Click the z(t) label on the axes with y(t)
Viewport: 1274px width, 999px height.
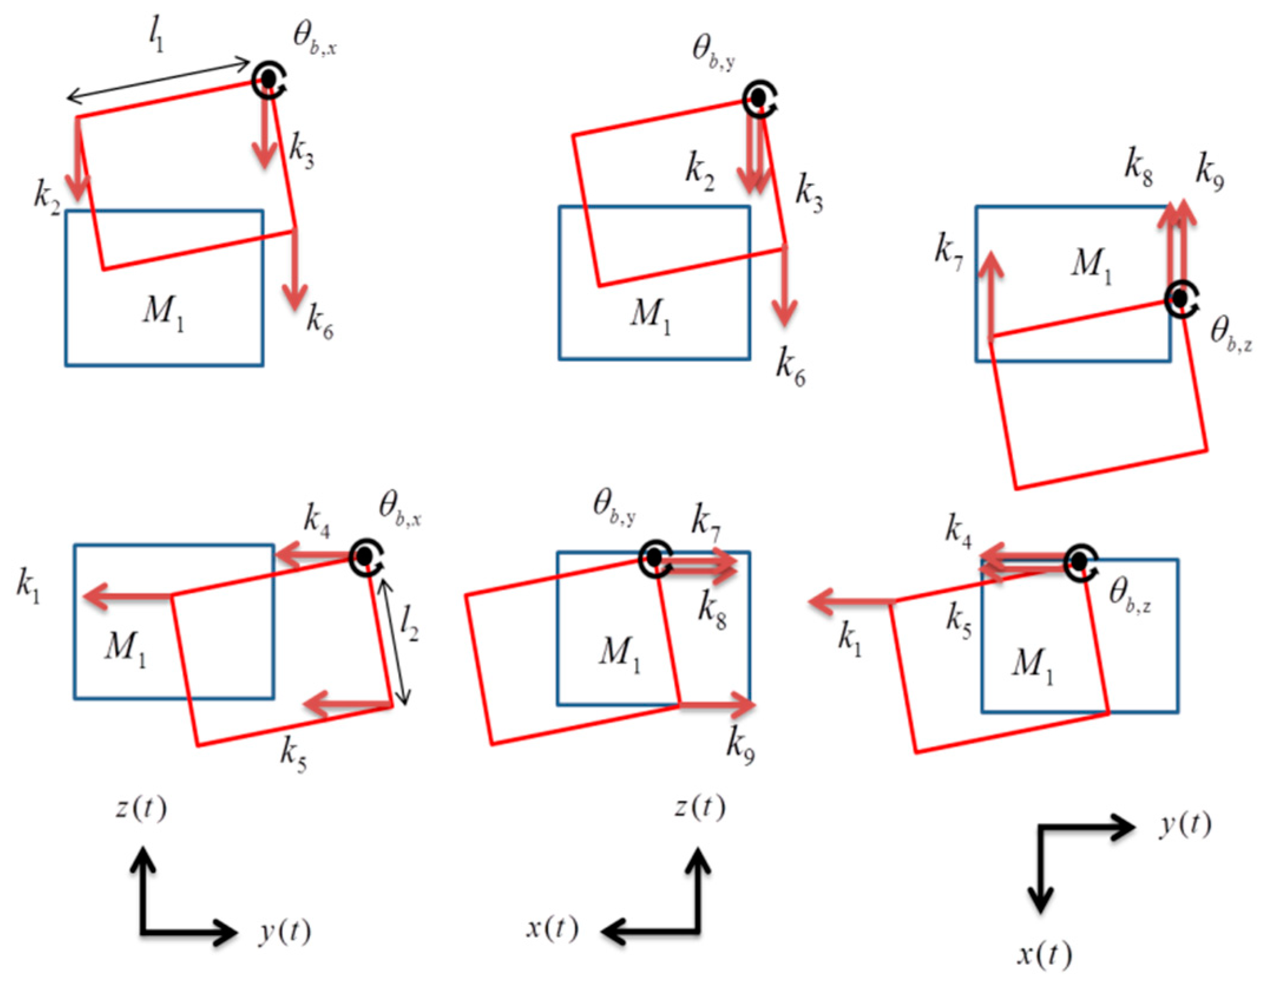tap(141, 808)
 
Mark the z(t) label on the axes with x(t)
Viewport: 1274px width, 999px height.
tap(700, 807)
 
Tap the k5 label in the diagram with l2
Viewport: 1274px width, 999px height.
tap(293, 754)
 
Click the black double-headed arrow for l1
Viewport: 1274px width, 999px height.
tap(158, 80)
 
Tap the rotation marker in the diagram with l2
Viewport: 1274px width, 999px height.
tap(366, 557)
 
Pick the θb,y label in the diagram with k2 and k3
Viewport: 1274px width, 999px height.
tap(713, 52)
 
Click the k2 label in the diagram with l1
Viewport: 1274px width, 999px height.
tap(47, 196)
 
